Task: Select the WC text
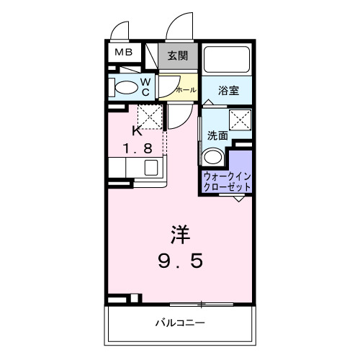(145, 86)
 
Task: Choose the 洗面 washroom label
(217, 135)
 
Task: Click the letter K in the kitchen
(137, 131)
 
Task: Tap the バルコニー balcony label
(180, 322)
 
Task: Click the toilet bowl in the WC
(125, 88)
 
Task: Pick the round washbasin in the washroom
(212, 158)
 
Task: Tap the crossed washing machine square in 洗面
(240, 120)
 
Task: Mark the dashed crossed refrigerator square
(150, 114)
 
